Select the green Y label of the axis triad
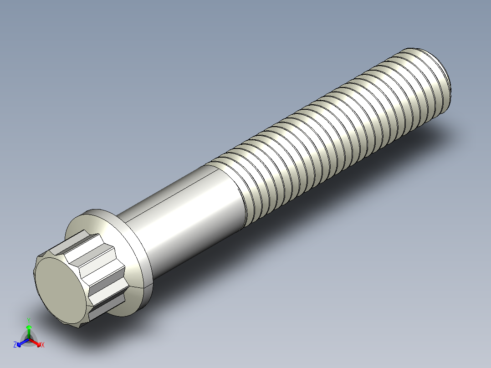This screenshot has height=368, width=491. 29,320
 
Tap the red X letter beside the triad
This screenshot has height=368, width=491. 42,345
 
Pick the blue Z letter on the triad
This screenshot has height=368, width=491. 15,345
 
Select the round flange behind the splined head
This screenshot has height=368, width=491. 137,255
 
